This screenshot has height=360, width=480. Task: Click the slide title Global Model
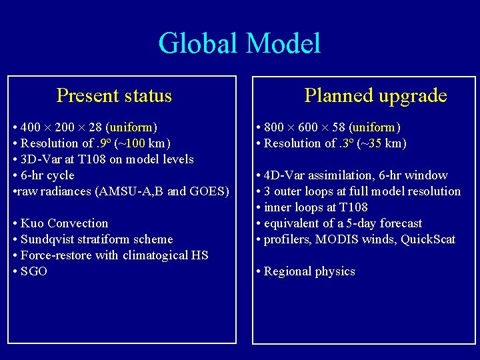239,43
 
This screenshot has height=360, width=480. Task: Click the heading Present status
114,96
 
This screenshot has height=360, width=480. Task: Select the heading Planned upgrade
375,96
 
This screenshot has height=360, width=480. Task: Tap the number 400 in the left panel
31,127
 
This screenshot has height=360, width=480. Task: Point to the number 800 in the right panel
274,127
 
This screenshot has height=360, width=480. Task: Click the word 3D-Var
41,159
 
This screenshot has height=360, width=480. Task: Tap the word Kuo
31,223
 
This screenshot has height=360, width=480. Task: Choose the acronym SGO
34,271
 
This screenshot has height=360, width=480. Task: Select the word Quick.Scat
428,239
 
